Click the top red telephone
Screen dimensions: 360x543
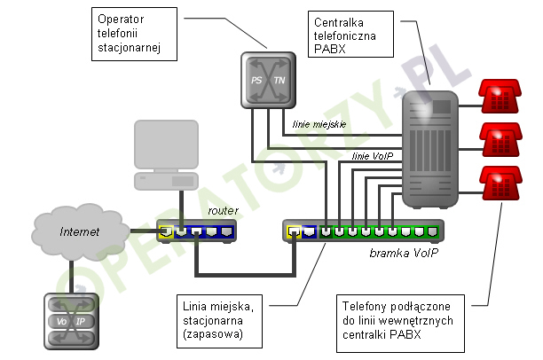point(499,98)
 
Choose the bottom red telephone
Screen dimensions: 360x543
point(499,184)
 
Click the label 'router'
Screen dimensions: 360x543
point(224,211)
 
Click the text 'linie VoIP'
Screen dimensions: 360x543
point(373,156)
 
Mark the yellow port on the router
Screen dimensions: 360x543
point(165,232)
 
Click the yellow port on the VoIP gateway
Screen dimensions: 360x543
point(294,232)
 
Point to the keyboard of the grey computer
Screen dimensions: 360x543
point(161,180)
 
